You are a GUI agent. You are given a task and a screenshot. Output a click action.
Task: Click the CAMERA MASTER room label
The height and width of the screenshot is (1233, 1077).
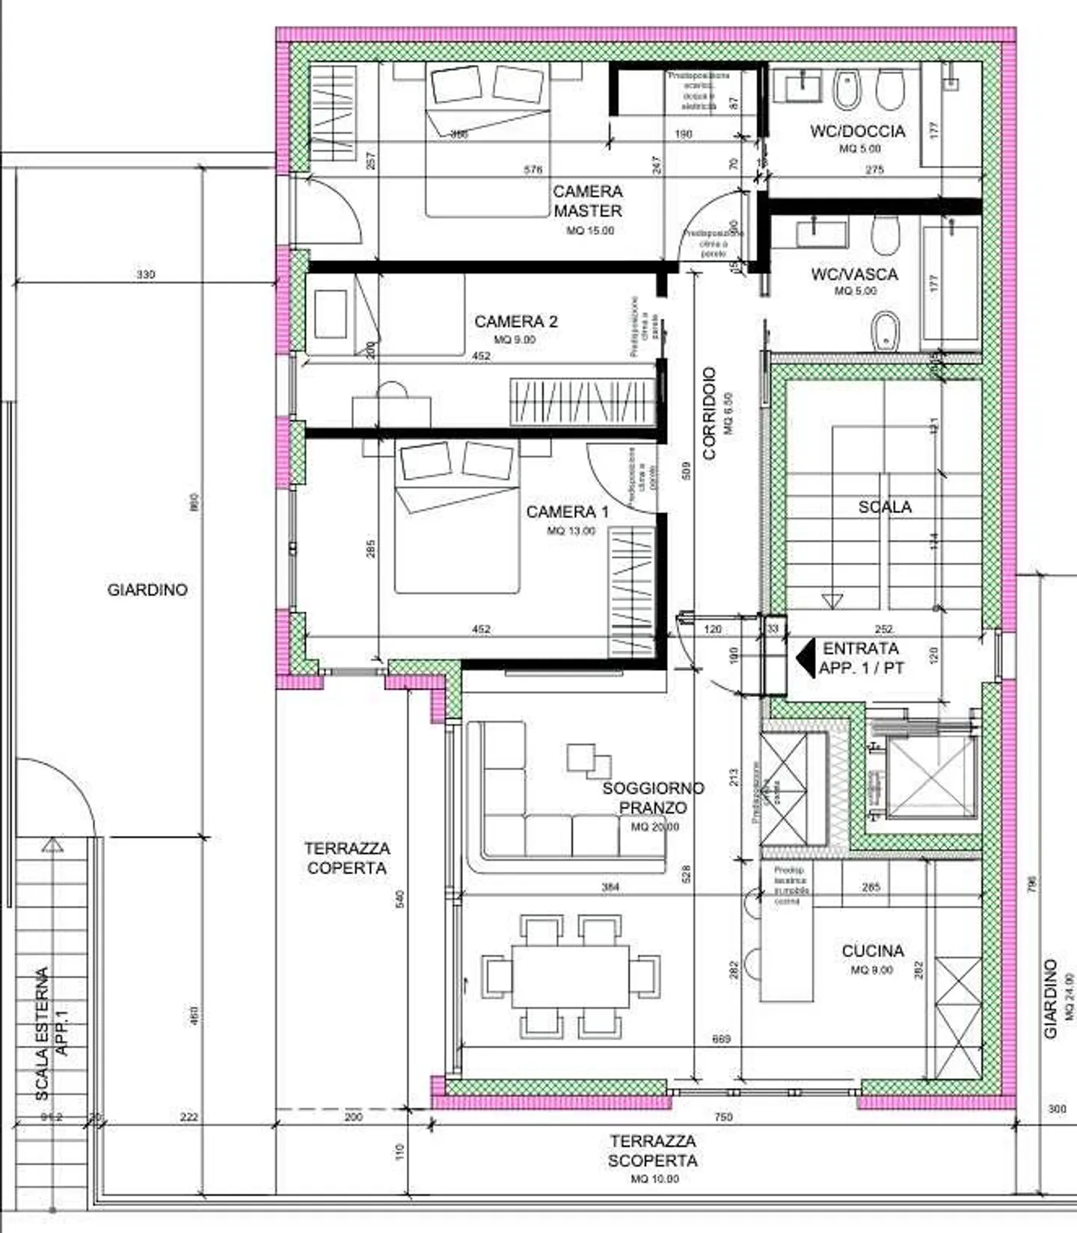[588, 201]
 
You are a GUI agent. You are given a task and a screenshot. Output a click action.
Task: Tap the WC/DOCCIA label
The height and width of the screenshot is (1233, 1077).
[857, 132]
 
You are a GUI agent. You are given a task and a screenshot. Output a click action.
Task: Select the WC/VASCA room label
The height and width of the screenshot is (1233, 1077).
[854, 274]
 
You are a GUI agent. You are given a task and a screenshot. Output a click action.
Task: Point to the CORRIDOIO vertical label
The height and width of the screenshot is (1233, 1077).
[710, 412]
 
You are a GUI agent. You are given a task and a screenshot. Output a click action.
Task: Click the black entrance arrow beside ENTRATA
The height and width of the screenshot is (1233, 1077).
[806, 658]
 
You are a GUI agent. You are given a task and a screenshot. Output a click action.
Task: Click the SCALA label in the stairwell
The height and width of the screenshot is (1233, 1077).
[885, 507]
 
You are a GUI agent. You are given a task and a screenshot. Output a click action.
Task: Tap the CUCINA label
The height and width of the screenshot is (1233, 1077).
[873, 951]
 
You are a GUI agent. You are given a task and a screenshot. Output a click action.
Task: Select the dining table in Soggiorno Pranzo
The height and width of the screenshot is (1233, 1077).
[571, 977]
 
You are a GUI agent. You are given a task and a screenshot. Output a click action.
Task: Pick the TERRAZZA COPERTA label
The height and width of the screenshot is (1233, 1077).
[347, 858]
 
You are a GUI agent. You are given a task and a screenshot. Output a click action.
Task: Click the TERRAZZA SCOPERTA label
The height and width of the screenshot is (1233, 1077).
[653, 1151]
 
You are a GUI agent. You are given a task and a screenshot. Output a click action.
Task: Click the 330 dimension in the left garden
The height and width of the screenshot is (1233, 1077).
[146, 274]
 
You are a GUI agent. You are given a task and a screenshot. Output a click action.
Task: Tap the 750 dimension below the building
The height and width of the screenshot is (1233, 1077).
[723, 1117]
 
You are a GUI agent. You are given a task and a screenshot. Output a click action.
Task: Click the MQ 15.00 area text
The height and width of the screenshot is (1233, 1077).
[590, 231]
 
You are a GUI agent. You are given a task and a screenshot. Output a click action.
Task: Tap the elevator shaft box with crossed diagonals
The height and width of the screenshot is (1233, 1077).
[932, 778]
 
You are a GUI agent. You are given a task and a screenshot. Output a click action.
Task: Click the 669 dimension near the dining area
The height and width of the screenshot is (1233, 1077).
[722, 1039]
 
